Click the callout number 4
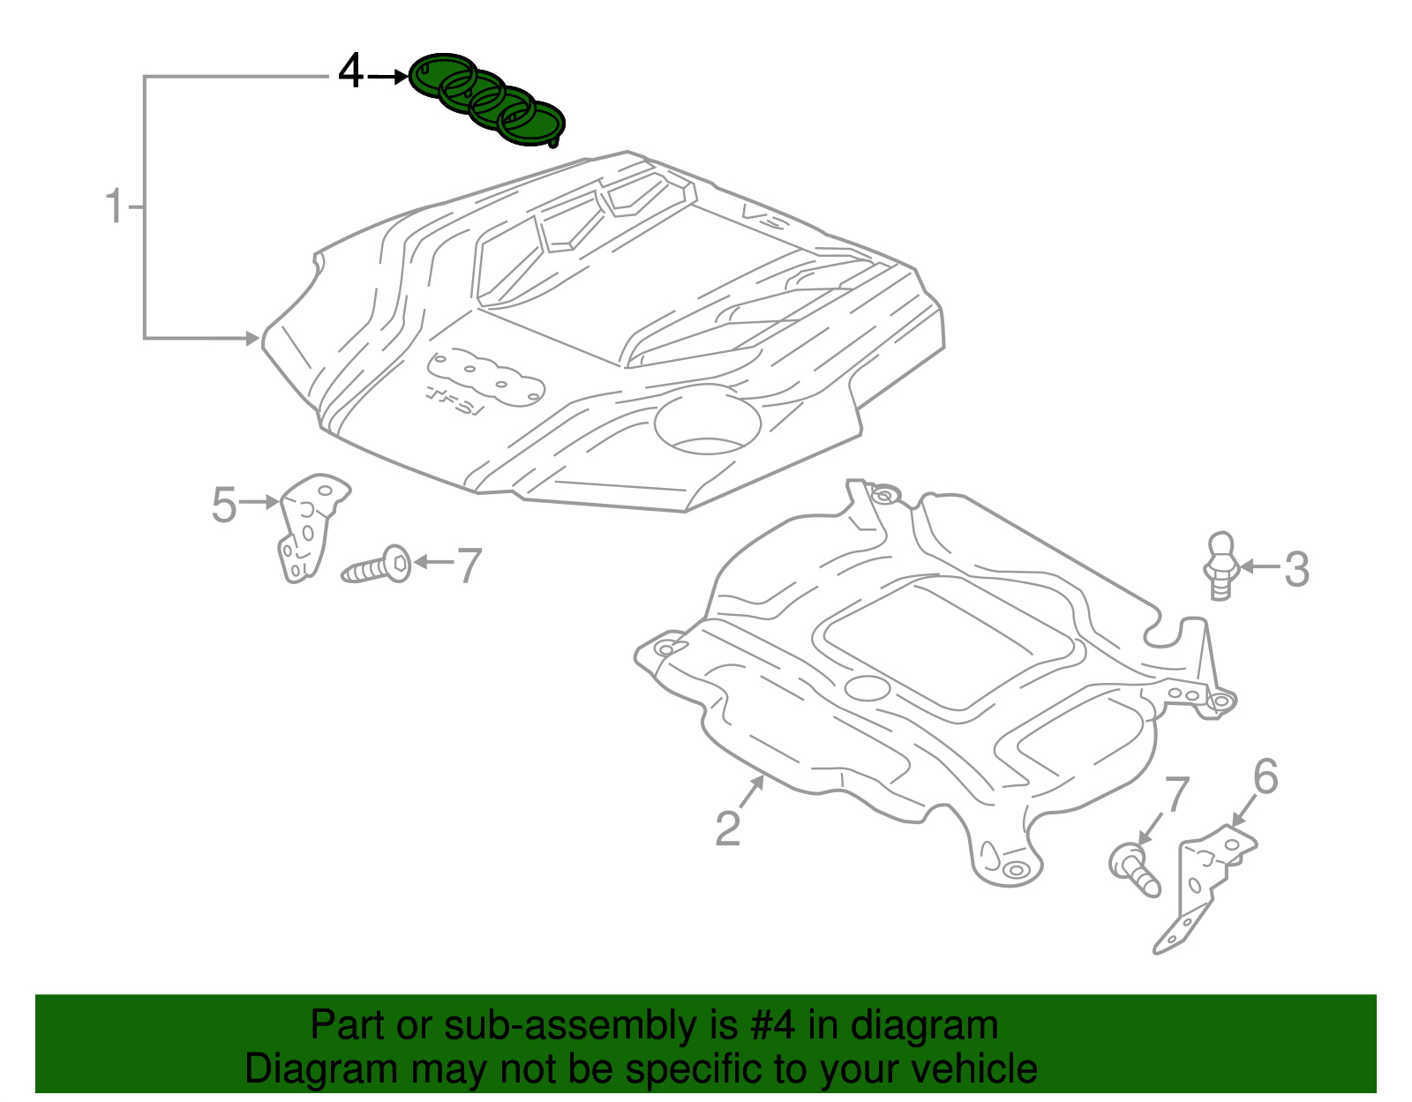click(350, 72)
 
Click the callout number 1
click(114, 206)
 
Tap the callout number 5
click(224, 505)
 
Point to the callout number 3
click(1296, 569)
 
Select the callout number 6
click(1266, 777)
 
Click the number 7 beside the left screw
click(469, 566)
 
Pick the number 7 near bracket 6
click(1177, 794)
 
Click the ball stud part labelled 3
click(1221, 565)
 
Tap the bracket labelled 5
click(309, 526)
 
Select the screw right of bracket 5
click(377, 566)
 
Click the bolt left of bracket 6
click(1134, 869)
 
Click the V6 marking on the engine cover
click(763, 216)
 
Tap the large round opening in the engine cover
click(707, 422)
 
